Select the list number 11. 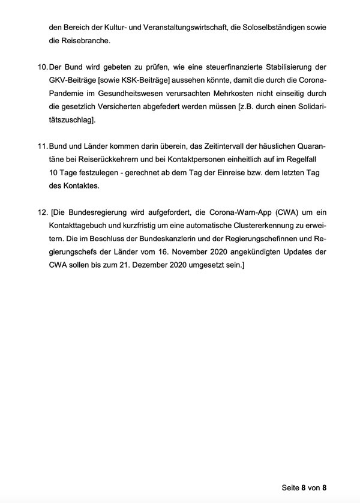tap(41, 146)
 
